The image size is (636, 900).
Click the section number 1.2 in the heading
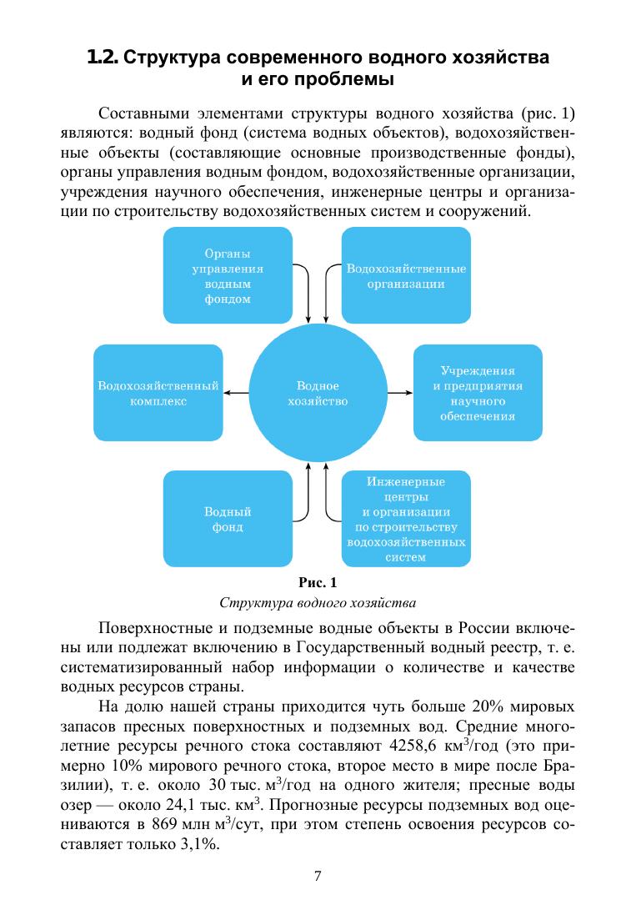click(x=103, y=59)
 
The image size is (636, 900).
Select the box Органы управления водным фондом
click(x=228, y=274)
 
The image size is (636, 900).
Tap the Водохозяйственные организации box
click(x=406, y=274)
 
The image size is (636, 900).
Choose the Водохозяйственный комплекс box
click(x=158, y=393)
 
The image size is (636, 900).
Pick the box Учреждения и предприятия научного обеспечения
click(x=478, y=393)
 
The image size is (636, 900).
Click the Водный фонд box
click(x=228, y=518)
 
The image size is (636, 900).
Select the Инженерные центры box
click(x=406, y=519)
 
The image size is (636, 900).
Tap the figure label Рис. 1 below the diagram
click(x=317, y=581)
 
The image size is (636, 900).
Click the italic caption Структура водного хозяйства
click(x=317, y=601)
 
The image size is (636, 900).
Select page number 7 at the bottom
click(x=318, y=875)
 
